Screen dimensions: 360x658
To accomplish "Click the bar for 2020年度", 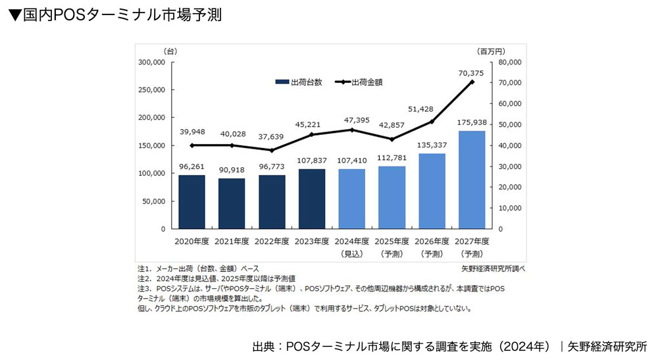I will (191, 202).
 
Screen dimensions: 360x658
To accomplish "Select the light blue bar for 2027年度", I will (471, 180).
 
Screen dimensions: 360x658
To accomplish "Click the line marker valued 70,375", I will (471, 82).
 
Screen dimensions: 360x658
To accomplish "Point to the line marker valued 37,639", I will (272, 150).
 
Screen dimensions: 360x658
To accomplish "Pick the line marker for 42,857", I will (392, 140).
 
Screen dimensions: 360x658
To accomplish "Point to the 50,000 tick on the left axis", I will (155, 201).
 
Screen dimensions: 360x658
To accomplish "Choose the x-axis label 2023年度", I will (312, 242).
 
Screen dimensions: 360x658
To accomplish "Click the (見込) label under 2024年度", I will (351, 253).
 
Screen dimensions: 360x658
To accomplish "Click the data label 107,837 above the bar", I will (312, 160).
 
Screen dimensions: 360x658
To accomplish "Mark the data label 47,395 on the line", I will (351, 120).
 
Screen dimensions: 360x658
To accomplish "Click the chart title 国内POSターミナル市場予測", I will (115, 15).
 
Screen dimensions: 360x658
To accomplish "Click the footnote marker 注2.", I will (144, 278).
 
